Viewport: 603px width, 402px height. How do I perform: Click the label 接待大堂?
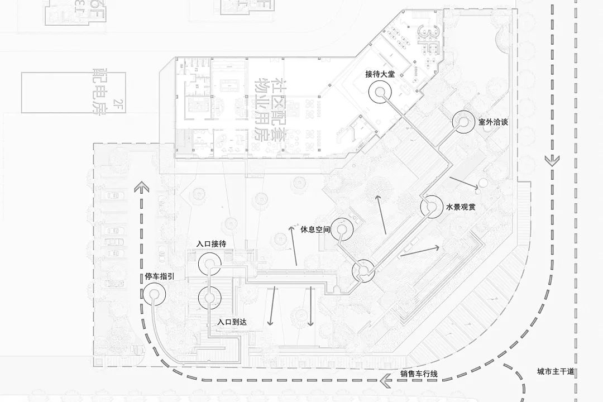point(380,75)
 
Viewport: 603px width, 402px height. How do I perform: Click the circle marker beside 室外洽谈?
point(463,122)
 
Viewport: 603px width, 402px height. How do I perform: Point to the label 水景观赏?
point(460,207)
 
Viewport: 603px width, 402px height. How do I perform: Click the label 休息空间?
point(315,229)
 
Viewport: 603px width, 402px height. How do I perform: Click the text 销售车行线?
point(419,374)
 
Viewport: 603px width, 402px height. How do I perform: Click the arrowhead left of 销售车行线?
point(385,382)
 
